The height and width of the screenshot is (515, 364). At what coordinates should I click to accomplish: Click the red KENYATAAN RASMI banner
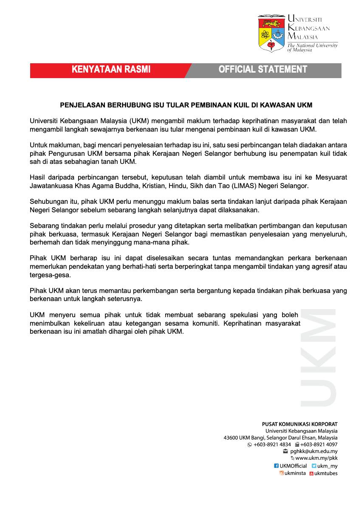click(111, 70)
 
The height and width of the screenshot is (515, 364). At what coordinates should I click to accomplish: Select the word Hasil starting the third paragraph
click(37, 177)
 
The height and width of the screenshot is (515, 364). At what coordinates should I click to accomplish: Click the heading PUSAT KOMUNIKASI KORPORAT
click(300, 424)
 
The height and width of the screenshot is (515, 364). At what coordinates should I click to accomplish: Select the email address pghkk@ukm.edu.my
click(317, 451)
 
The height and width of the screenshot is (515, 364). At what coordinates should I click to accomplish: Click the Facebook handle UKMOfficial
click(293, 466)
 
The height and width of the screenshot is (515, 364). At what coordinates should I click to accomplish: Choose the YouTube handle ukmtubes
click(326, 473)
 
